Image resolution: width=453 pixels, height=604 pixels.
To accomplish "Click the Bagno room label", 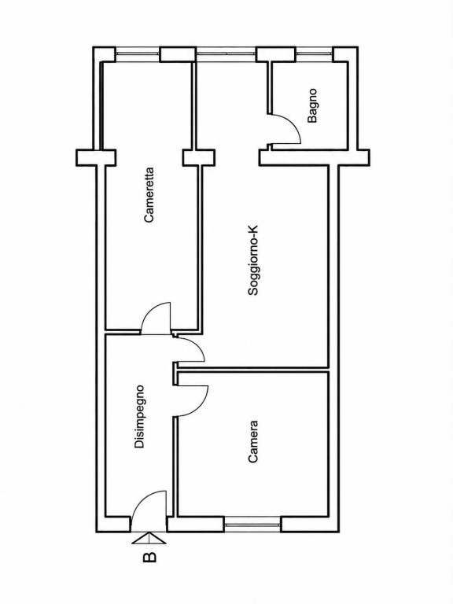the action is coord(312,105).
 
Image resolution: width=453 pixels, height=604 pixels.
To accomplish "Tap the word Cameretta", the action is coord(149,194).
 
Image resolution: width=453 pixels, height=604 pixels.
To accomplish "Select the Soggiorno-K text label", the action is coord(253,261).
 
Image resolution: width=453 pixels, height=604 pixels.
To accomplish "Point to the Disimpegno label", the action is coord(139,416).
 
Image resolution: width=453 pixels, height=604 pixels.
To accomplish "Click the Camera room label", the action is coord(252,441).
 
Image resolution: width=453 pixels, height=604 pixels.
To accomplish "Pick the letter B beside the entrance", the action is coord(149,557).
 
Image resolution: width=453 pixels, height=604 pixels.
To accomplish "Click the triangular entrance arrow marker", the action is coord(149,538).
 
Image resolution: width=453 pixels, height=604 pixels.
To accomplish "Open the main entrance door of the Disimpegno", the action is coord(149,505).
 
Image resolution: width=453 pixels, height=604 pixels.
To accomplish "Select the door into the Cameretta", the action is coord(156,318).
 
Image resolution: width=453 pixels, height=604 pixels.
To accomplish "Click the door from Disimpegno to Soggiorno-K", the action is coord(190,349).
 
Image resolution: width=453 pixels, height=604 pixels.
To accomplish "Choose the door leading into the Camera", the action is coord(191,400).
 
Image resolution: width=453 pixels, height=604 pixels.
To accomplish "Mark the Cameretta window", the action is coord(138,54).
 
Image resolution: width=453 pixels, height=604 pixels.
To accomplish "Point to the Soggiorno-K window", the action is coord(226,54).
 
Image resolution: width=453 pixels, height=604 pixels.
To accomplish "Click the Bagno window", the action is coord(314,54).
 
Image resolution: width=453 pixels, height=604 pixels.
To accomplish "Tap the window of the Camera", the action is coord(252,525).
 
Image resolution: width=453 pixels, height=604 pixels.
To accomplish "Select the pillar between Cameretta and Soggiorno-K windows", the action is coord(178,54).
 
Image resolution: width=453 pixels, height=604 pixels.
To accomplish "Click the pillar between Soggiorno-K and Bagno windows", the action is coord(276,54).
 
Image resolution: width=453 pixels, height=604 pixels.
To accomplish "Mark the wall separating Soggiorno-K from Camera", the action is coord(252,370).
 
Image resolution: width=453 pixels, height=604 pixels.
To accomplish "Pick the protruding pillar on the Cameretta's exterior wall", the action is coord(96,158).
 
